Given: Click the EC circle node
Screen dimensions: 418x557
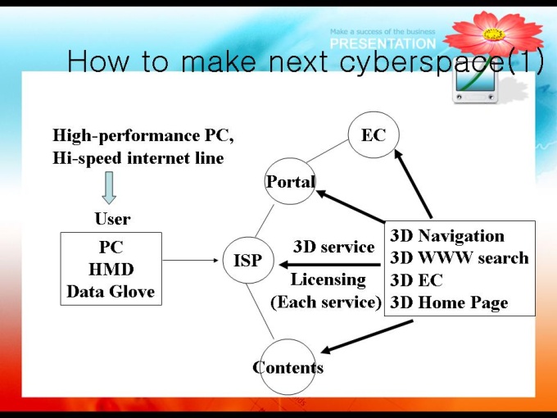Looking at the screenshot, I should (373, 135).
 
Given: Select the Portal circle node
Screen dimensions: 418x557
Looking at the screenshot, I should (290, 182).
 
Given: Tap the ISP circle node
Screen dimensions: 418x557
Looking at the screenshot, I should (247, 261).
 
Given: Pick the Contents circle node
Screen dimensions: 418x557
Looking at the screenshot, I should (288, 366).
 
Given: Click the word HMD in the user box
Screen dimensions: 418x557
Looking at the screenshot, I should (111, 269).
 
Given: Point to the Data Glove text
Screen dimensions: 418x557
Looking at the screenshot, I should (111, 291).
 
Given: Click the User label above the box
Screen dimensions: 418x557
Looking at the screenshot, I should (112, 219).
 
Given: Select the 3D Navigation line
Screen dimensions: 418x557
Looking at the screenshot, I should (447, 236).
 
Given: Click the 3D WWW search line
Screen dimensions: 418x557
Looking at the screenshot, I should (460, 258).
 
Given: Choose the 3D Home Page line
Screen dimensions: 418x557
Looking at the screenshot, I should (449, 302).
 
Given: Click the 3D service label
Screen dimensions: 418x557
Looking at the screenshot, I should (333, 247).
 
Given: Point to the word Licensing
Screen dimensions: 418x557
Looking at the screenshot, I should (328, 279).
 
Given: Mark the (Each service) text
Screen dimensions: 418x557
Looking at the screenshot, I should (326, 302).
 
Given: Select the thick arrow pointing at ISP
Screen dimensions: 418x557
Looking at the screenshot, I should (331, 264).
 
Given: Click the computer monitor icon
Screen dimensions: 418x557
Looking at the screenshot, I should (478, 84).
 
